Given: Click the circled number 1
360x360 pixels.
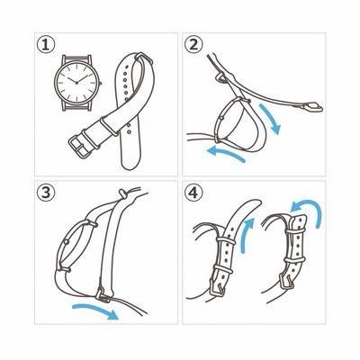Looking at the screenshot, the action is pos(46,45).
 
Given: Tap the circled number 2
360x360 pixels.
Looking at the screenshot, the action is pos(193,45).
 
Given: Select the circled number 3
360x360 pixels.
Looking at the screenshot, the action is pos(46,193).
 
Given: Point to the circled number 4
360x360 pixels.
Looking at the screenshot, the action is pos(193,193).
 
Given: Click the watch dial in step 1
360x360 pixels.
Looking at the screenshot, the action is pos(76,83).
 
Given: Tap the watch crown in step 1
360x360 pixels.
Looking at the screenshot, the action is pos(101,83).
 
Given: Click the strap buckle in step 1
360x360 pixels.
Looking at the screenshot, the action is pos(78,147).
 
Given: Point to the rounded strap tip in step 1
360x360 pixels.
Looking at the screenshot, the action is pos(131,162).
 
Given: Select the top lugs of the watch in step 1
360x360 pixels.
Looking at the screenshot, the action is pos(76,58).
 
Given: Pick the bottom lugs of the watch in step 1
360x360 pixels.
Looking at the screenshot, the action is pos(76,106).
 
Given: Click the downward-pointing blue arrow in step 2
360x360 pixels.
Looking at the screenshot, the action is pos(272,119).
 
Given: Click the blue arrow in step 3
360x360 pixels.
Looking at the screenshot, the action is pos(96,309).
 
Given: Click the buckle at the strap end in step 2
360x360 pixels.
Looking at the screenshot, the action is pos(312,106).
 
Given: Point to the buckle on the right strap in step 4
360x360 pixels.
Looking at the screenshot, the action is pos(286,282).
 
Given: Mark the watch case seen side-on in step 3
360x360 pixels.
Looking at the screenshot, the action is pos(76,245).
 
